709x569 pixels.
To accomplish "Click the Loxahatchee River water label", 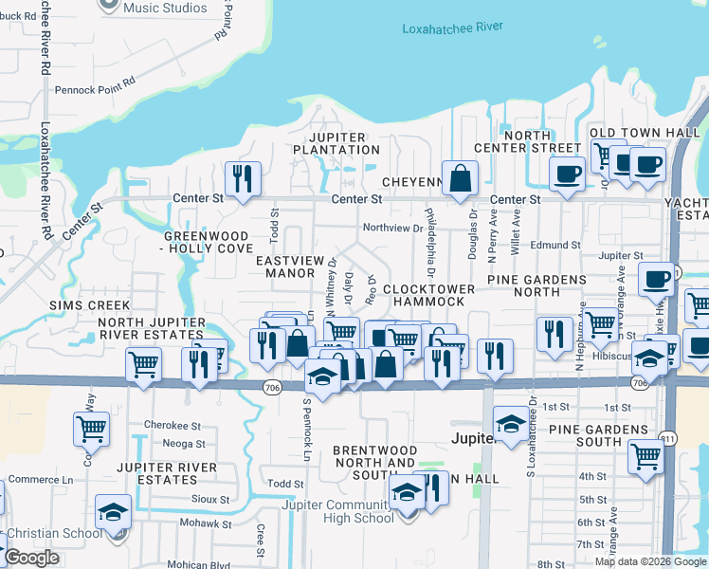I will [452, 28].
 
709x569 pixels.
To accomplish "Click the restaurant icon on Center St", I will [243, 178].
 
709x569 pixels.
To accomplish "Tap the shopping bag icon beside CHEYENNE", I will [460, 177].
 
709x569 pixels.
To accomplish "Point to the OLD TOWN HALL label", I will [645, 132].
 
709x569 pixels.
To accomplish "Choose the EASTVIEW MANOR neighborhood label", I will [295, 266].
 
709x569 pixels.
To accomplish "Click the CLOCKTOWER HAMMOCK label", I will [424, 295].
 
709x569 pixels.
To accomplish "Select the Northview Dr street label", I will [392, 228].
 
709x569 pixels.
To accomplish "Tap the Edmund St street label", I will [554, 245].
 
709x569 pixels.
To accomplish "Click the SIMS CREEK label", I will [82, 306].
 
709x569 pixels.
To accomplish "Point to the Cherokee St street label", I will [173, 425].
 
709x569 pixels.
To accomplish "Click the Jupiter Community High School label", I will [338, 511].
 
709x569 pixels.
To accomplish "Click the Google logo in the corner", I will [31, 557].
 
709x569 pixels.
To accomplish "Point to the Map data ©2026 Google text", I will [649, 561].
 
